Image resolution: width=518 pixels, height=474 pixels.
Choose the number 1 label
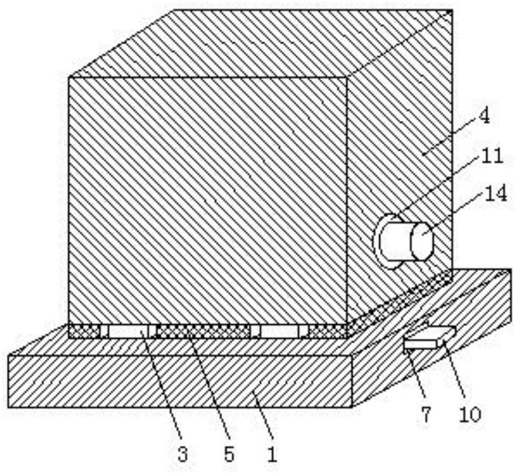pos(271,454)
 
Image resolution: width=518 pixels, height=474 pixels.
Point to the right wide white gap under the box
pos(279,331)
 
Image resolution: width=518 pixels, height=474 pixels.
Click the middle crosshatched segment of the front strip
pos(203,331)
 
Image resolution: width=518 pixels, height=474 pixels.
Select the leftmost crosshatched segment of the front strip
pos(83,331)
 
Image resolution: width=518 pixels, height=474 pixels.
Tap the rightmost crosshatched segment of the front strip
pos(327,331)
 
